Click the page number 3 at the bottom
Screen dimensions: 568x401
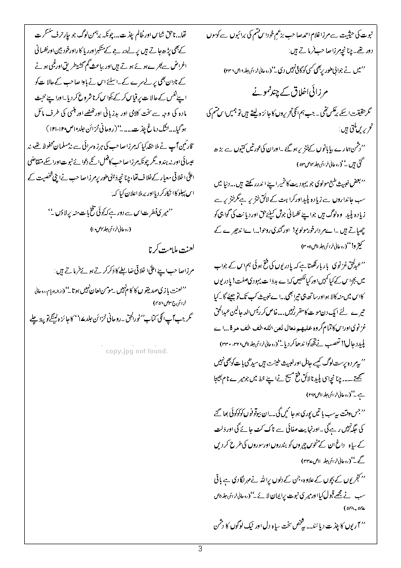(200, 549)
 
